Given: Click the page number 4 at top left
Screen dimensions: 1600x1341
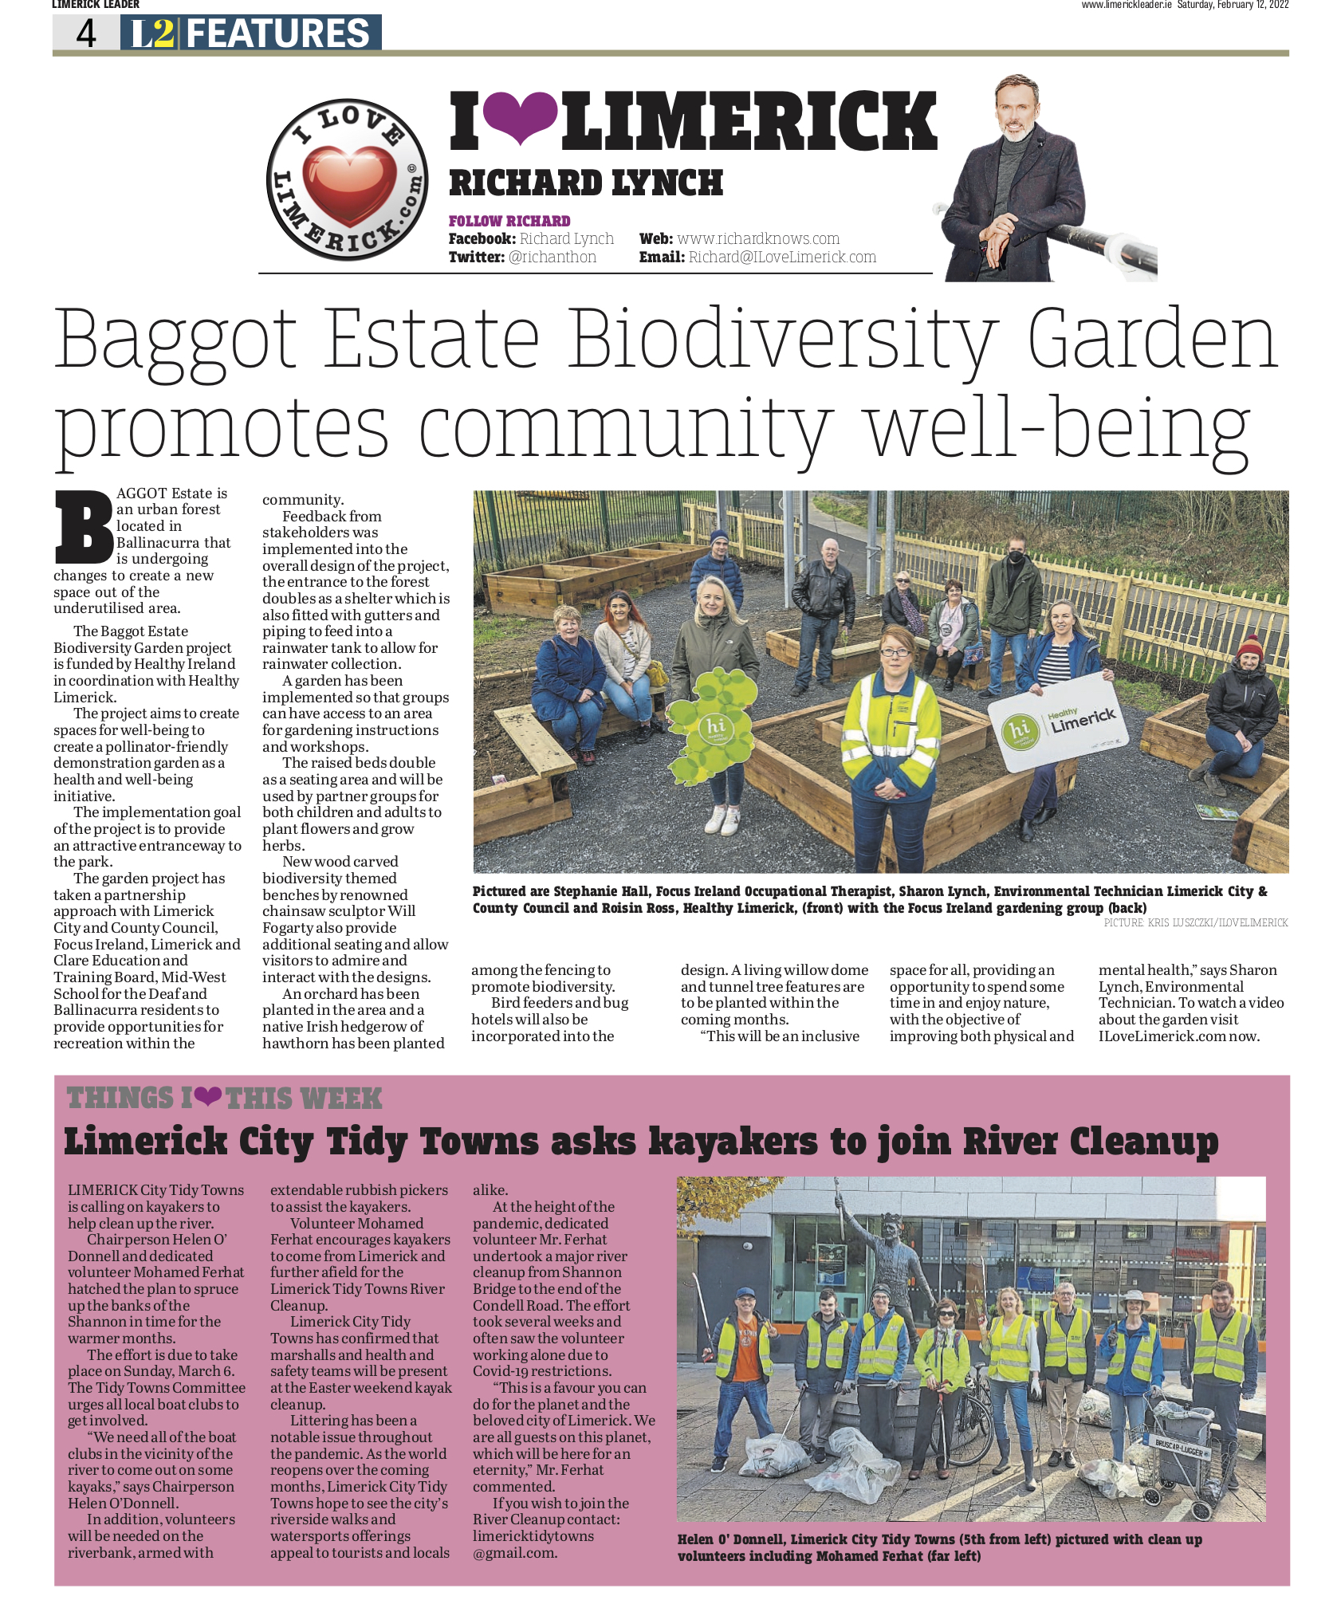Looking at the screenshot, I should tap(85, 33).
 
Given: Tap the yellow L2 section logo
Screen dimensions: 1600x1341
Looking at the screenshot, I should tap(152, 33).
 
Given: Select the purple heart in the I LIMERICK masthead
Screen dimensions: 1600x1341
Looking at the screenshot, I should tap(521, 117).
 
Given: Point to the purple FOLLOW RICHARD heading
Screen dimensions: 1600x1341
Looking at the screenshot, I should tap(509, 221).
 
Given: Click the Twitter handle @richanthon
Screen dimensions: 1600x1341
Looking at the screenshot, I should tap(553, 257).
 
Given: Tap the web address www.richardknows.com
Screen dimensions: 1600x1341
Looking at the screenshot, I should tap(758, 238).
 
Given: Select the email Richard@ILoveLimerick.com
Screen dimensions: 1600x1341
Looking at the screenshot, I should tap(782, 257).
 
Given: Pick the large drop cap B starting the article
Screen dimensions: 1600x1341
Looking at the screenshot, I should tap(83, 526).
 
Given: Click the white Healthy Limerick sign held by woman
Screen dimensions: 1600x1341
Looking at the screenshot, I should tap(1059, 724).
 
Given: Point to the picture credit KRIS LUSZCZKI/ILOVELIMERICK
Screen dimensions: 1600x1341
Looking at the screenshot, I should tap(1196, 922).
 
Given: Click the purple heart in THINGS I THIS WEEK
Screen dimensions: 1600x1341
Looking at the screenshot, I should tap(208, 1097).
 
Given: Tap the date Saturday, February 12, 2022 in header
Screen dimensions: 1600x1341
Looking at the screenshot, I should tap(1233, 5).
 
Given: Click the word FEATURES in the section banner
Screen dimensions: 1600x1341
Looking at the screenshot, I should tap(278, 33).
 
